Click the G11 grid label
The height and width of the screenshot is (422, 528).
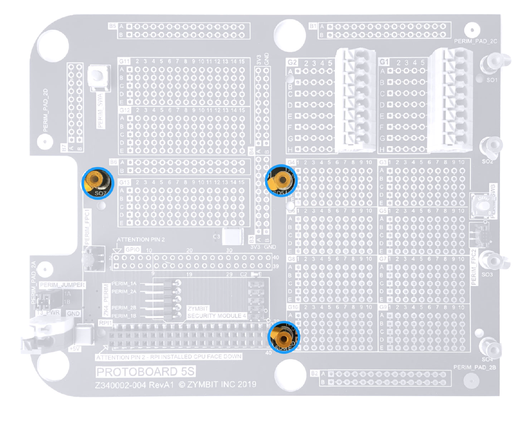125,61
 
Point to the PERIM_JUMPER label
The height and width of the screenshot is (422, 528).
62,285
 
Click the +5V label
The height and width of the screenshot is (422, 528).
74,347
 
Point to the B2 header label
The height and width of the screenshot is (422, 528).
314,374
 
